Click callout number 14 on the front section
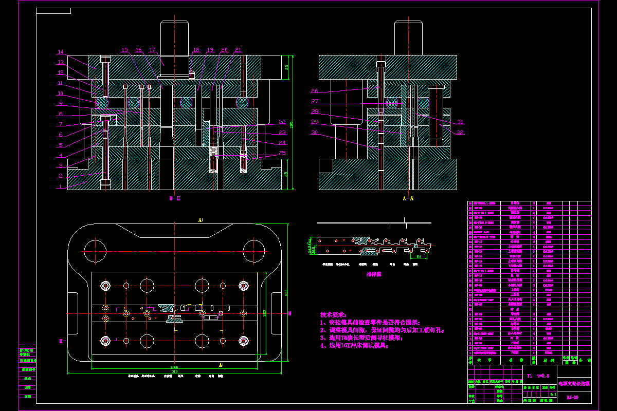click(60, 52)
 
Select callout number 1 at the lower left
click(60, 186)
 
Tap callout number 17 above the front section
click(152, 50)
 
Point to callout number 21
click(238, 50)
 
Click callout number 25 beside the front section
click(282, 153)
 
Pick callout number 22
click(282, 122)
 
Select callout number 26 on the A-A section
click(315, 91)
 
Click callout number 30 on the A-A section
click(315, 133)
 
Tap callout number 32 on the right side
click(460, 132)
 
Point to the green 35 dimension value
click(287, 67)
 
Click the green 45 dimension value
click(286, 174)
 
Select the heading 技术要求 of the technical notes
click(334, 314)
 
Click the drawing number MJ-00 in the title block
click(572, 397)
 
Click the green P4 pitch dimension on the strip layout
click(419, 256)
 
